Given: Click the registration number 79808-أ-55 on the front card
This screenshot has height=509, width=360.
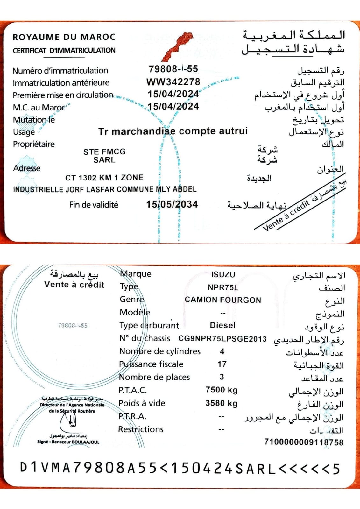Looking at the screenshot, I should [x=173, y=69].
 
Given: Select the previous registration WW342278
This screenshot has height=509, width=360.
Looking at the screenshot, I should [x=173, y=82].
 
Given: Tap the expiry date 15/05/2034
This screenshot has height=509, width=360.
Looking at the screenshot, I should [x=172, y=204].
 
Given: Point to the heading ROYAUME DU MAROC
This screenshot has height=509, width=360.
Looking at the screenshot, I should [x=64, y=37].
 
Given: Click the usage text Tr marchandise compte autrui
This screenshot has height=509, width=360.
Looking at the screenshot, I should [x=173, y=131].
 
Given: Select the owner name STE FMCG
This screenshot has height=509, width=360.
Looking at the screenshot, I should [x=104, y=152].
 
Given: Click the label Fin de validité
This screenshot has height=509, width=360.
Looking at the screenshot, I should [x=94, y=205].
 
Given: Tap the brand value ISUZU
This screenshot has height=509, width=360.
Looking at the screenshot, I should [x=223, y=274].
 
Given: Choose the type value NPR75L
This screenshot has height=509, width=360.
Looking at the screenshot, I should [x=223, y=287].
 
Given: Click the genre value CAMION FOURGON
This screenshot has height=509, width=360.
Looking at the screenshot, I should [x=223, y=300].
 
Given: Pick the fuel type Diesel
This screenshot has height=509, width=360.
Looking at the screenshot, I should [x=222, y=325].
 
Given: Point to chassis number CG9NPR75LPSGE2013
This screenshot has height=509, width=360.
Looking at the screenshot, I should [x=222, y=339].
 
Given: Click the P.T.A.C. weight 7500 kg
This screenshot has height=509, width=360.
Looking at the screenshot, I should [x=222, y=390].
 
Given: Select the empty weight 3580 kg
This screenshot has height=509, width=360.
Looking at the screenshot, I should [x=222, y=403].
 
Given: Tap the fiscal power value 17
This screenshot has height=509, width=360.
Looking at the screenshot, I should [x=222, y=364].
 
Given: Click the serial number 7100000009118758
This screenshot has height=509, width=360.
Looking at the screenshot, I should [x=304, y=442].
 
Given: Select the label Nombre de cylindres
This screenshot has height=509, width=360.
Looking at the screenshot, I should [x=160, y=351].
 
